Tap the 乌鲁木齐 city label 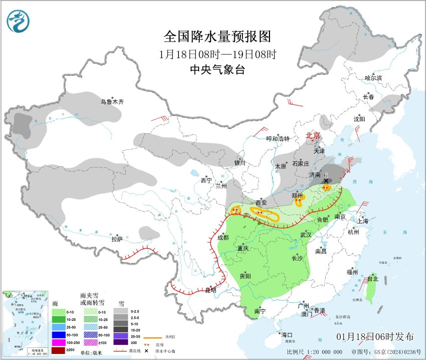111,102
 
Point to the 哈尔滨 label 373,78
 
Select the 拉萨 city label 117,240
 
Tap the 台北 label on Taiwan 372,279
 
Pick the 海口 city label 287,334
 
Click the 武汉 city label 306,234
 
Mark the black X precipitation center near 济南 326,181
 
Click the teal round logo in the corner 18,21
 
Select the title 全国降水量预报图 217,37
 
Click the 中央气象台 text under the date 217,70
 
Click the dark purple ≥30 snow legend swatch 121,342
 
